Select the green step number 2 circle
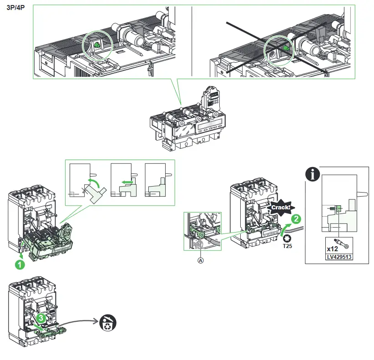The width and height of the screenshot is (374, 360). pyautogui.click(x=296, y=219)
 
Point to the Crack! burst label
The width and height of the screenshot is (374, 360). pyautogui.click(x=281, y=208)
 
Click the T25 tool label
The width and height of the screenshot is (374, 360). pyautogui.click(x=288, y=246)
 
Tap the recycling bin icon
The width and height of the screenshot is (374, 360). pyautogui.click(x=108, y=323)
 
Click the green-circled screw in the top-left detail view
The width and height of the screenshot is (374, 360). pyautogui.click(x=97, y=46)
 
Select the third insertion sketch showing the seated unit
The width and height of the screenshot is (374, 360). pyautogui.click(x=157, y=181)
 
